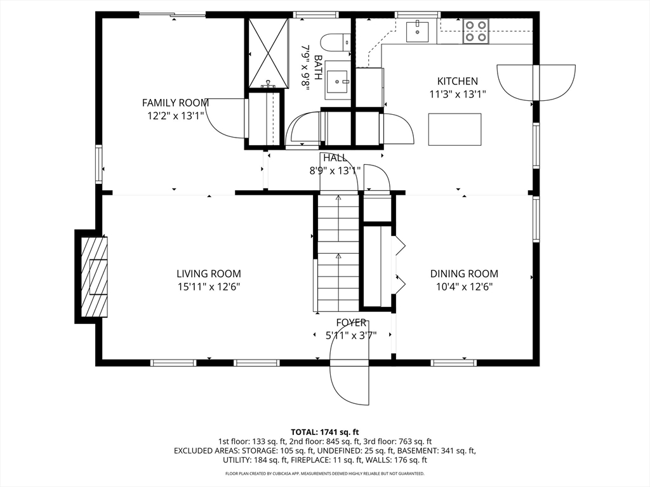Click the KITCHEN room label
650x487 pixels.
[x=458, y=81]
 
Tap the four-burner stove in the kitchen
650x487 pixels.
[x=475, y=31]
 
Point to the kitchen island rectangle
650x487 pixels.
[x=454, y=129]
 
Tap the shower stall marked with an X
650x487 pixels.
[x=269, y=53]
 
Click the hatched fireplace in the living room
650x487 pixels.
[x=94, y=276]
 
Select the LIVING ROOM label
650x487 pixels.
[x=208, y=274]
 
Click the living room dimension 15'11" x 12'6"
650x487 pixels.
[x=208, y=287]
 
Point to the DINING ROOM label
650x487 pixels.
[x=464, y=274]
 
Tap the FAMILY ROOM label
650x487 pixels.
[x=175, y=103]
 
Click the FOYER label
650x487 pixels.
[x=351, y=323]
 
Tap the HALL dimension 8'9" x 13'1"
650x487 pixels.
[x=335, y=171]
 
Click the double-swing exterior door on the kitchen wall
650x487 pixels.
[x=536, y=82]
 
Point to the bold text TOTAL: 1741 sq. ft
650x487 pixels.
[x=324, y=432]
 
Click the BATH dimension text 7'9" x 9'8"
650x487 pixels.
[x=305, y=66]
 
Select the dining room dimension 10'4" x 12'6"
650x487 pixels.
[x=464, y=287]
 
